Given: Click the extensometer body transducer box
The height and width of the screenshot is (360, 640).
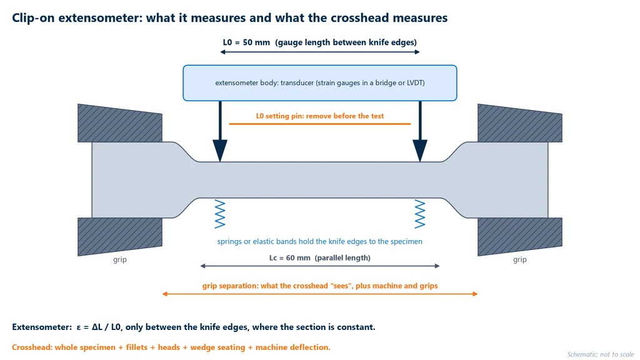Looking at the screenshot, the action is click(319, 83).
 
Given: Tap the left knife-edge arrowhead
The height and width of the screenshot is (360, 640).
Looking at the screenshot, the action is click(220, 150).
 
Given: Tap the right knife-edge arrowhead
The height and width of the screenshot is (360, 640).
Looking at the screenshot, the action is click(420, 150).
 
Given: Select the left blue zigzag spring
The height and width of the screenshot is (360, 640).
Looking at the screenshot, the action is click(220, 214).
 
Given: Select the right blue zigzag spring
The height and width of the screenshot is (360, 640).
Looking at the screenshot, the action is click(420, 214).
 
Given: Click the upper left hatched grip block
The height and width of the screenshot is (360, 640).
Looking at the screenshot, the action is click(119, 124).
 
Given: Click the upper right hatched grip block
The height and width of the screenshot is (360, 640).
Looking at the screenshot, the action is click(519, 124).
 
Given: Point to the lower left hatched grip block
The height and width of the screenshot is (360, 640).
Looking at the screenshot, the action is click(119, 236).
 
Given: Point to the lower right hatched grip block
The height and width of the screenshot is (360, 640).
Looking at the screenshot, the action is click(519, 236).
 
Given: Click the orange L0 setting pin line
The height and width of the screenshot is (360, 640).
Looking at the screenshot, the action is click(319, 124).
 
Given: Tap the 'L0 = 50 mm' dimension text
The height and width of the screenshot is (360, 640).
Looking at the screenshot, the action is click(246, 42).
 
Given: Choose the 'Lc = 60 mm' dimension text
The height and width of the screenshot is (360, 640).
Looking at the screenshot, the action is click(289, 258).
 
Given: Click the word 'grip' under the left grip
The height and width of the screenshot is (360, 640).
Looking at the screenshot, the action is click(120, 259).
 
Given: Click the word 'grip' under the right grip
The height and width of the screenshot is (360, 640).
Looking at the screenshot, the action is click(520, 259).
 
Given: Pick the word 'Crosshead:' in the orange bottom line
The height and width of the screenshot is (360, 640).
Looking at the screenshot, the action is click(32, 347).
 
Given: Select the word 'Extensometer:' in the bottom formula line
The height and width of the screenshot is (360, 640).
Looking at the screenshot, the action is click(42, 327).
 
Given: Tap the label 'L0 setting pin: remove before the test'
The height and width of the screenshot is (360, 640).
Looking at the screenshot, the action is click(319, 116).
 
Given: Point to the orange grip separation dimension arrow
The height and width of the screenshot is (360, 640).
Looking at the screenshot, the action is click(319, 294).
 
